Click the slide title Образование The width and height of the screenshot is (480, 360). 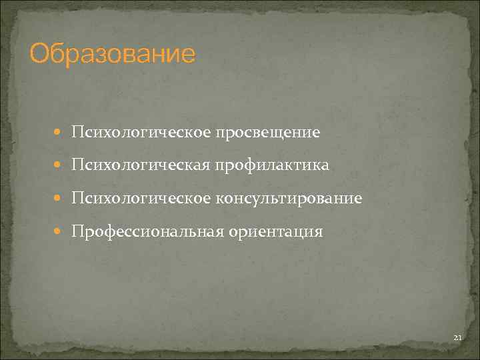(113, 53)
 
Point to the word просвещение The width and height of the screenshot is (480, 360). (267, 133)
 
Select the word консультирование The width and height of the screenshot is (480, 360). (288, 199)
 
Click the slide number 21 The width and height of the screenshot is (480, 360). (457, 339)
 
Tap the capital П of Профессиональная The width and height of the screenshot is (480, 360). (78, 232)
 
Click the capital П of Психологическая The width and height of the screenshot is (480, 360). (78, 165)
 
